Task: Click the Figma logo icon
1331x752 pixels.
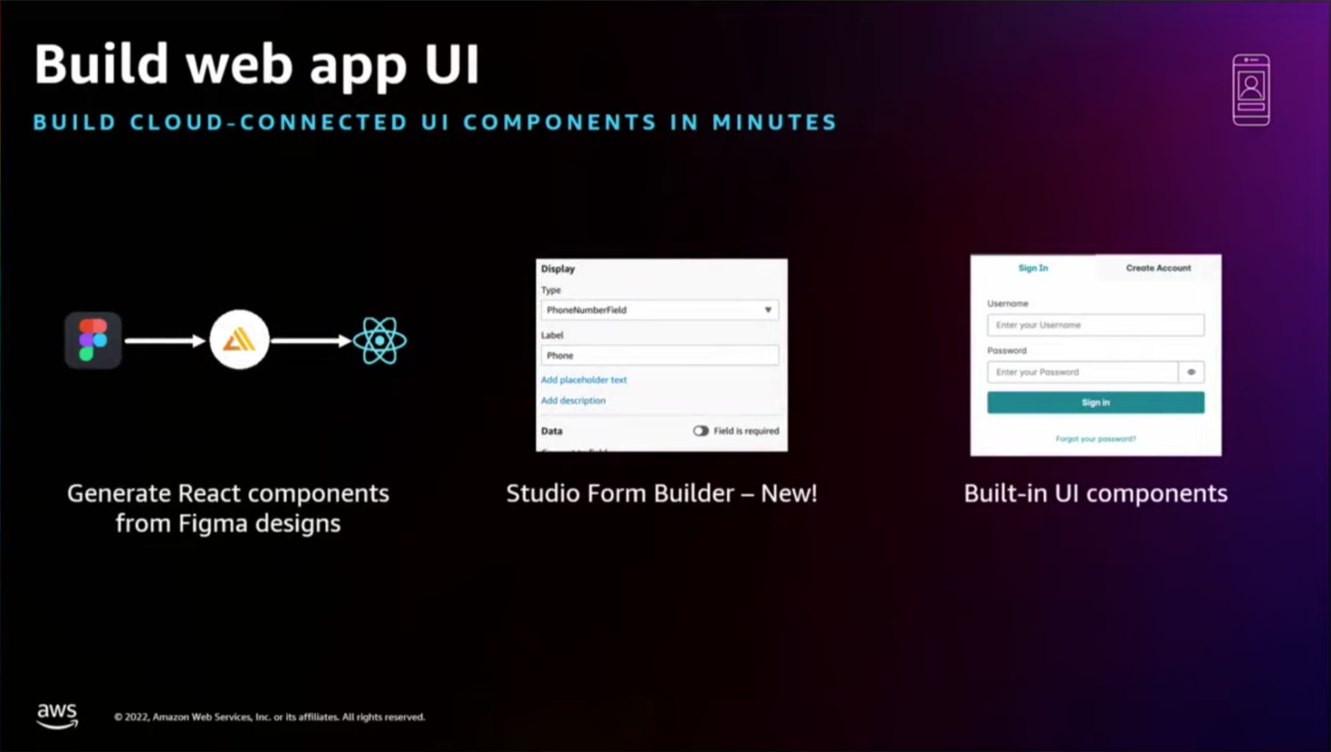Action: tap(93, 340)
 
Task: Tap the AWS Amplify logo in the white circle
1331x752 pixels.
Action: tap(239, 340)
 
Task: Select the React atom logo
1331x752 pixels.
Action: tap(380, 340)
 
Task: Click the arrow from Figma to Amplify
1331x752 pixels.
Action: tap(165, 340)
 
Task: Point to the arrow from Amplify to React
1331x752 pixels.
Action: tap(311, 340)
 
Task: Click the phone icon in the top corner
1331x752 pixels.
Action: tap(1250, 89)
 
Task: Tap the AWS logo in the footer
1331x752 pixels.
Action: tap(57, 716)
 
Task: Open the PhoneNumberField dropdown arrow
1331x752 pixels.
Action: tap(768, 310)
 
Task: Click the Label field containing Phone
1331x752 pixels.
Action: tap(659, 355)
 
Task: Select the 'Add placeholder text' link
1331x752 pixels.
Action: tap(584, 379)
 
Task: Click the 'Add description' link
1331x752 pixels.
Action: tap(574, 400)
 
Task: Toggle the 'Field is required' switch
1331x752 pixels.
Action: tap(700, 431)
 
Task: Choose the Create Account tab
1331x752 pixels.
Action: tap(1158, 268)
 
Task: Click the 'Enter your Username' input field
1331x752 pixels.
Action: tap(1095, 325)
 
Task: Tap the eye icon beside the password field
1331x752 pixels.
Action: tap(1191, 372)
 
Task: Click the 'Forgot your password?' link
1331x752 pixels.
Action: tap(1095, 438)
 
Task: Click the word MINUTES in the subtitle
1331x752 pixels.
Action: tap(774, 122)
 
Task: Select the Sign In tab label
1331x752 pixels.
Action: tap(1033, 268)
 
